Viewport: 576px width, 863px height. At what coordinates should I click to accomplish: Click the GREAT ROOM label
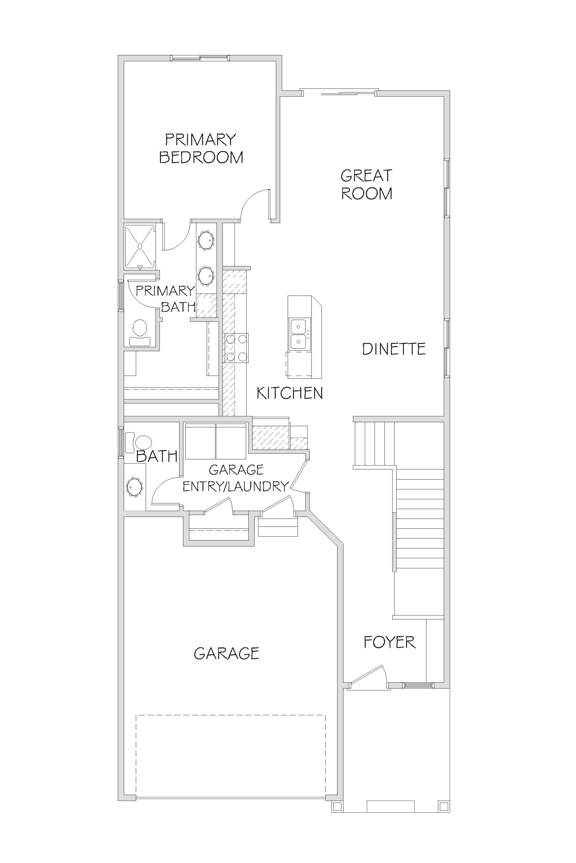click(366, 184)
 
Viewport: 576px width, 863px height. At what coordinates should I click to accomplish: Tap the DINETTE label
click(394, 349)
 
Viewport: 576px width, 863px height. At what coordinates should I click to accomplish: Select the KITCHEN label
click(290, 393)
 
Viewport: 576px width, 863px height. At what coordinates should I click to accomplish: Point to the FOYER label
click(390, 642)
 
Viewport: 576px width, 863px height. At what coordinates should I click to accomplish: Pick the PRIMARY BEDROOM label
click(201, 148)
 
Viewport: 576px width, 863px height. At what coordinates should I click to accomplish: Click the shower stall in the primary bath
click(140, 246)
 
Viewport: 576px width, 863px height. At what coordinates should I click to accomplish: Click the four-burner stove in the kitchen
click(236, 348)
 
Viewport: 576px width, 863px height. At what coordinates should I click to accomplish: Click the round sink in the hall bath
click(134, 487)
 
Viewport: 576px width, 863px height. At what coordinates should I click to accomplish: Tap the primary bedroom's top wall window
click(200, 58)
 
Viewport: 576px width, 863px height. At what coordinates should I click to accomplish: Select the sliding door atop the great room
click(339, 92)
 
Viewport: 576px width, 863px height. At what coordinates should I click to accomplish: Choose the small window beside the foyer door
click(418, 685)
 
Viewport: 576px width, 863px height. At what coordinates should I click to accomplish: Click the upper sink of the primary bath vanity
click(206, 241)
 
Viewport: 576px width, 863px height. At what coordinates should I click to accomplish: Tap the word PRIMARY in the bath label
click(165, 291)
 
